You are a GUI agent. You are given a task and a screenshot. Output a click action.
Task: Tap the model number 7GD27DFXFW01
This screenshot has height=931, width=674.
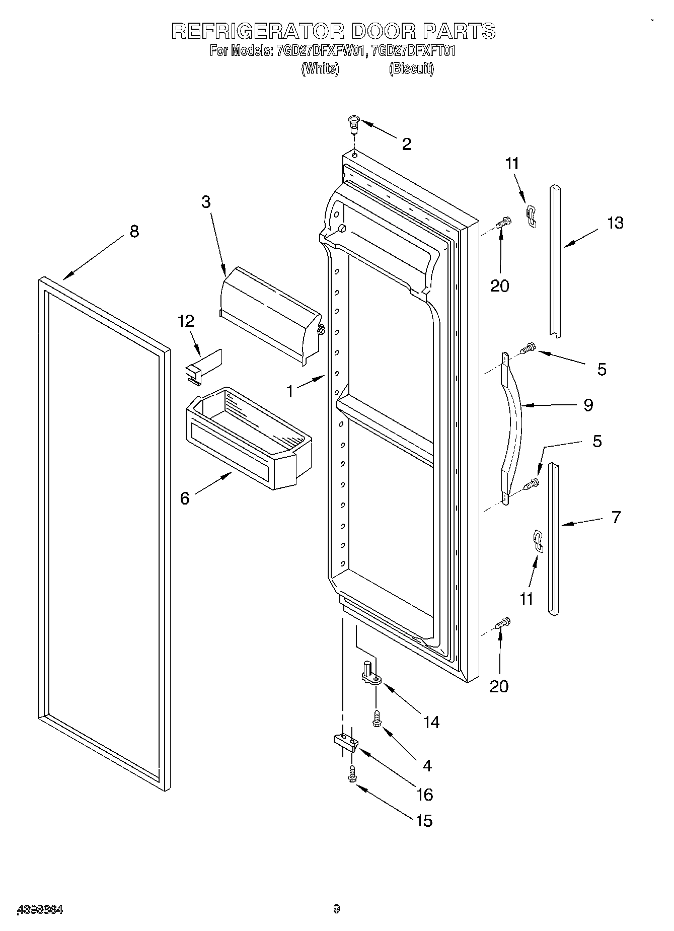pos(319,51)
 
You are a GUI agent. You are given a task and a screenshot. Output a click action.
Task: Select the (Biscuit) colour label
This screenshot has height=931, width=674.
pos(411,69)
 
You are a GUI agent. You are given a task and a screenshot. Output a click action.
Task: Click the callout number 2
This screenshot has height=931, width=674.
pos(406,145)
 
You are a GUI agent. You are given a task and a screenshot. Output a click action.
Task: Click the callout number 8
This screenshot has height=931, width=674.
pos(134,232)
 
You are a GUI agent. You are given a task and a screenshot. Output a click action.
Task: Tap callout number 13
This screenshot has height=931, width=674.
pos(615,223)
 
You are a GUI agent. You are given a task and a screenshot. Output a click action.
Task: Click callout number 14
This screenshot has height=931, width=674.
pos(431,722)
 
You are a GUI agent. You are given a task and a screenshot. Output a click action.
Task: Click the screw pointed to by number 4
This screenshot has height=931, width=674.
pos(377,718)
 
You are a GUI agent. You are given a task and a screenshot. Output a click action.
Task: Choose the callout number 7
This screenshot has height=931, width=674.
pos(616,517)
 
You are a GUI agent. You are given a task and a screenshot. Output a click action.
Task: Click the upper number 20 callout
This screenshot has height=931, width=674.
pos(499,285)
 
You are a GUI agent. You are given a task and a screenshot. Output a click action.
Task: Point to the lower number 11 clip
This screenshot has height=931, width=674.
pos(538,543)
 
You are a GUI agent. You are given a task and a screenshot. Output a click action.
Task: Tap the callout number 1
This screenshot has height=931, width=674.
pos(290,391)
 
